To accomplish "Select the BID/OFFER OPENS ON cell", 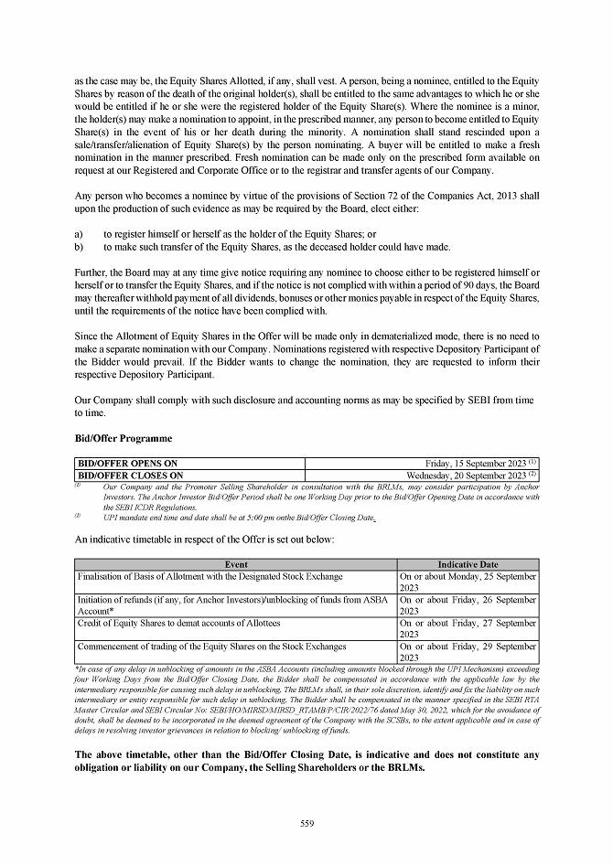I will [127, 464].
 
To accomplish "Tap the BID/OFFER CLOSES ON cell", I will [130, 476].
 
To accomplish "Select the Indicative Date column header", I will [468, 564].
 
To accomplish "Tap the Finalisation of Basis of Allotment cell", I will [210, 577].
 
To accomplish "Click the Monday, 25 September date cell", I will [468, 583].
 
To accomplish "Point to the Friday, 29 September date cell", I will [468, 651].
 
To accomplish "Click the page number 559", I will [306, 823].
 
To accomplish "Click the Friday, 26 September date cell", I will [468, 605].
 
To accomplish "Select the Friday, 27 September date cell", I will [468, 628].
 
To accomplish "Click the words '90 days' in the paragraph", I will [472, 285].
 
